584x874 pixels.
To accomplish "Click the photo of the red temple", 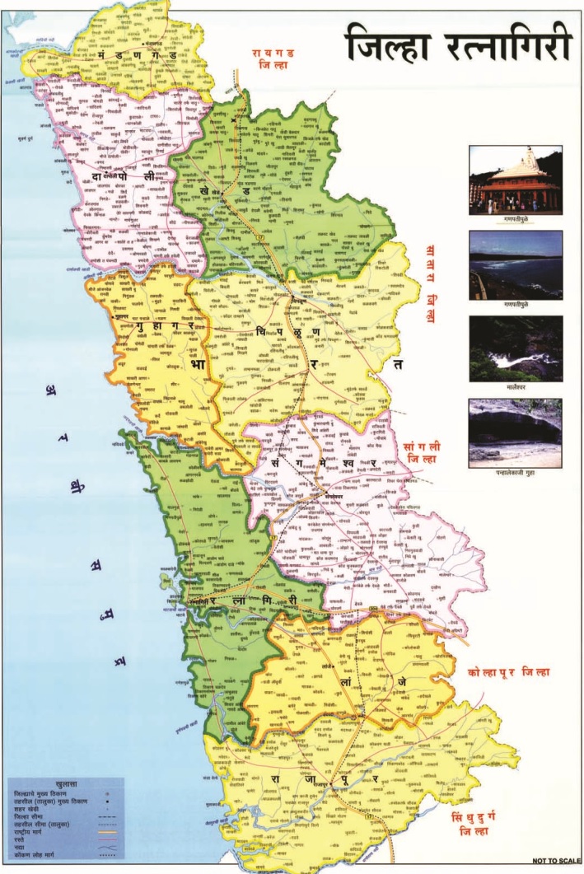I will click(515, 179).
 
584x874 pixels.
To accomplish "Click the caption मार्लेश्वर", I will click(515, 385).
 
